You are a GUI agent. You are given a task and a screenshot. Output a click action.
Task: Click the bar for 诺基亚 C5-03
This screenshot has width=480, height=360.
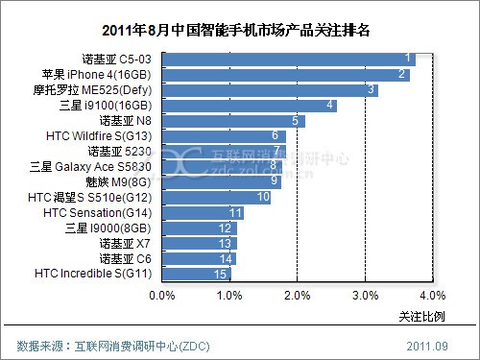pyautogui.click(x=289, y=60)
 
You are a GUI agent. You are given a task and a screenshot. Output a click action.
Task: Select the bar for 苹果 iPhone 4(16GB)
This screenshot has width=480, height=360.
pyautogui.click(x=286, y=75)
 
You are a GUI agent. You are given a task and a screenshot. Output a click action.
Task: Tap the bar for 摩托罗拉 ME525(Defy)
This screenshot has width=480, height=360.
pyautogui.click(x=270, y=90)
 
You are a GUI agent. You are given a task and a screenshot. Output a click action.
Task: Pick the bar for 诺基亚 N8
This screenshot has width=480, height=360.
pyautogui.click(x=233, y=121)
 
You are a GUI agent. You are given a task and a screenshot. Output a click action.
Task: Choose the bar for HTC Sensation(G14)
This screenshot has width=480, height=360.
pyautogui.click(x=203, y=213)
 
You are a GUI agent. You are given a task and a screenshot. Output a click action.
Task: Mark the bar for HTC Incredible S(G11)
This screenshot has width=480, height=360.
pyautogui.click(x=197, y=275)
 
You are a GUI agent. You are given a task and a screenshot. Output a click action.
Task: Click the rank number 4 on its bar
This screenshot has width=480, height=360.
pyautogui.click(x=329, y=105)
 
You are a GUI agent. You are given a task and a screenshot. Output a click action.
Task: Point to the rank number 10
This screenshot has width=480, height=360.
pyautogui.click(x=263, y=197)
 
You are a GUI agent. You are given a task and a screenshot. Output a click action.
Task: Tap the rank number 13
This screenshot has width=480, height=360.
pyautogui.click(x=225, y=244)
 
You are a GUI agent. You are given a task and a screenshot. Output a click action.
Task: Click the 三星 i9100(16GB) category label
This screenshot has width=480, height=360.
pyautogui.click(x=106, y=106)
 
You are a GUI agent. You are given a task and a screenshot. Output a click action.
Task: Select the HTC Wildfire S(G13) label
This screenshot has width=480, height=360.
pyautogui.click(x=99, y=136)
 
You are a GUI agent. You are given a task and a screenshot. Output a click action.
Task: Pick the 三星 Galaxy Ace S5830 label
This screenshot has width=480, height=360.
pyautogui.click(x=90, y=167)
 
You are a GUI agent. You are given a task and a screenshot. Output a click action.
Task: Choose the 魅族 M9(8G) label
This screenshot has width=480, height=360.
pyautogui.click(x=118, y=182)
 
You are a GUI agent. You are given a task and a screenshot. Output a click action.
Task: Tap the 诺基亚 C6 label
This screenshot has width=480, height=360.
pyautogui.click(x=125, y=259)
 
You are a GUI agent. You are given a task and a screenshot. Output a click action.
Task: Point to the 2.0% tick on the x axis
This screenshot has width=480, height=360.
pyautogui.click(x=298, y=296)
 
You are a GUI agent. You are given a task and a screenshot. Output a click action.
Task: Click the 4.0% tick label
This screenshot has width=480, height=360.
pyautogui.click(x=433, y=296)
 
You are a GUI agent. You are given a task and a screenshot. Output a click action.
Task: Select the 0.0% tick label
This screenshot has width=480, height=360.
pyautogui.click(x=162, y=296)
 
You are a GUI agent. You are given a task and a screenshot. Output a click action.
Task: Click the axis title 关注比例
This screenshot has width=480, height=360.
pyautogui.click(x=421, y=317)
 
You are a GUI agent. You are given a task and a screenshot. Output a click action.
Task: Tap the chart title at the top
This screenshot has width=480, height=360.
pyautogui.click(x=236, y=31)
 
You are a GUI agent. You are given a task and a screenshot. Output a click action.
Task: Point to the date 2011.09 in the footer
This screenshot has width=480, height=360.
pyautogui.click(x=427, y=347)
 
